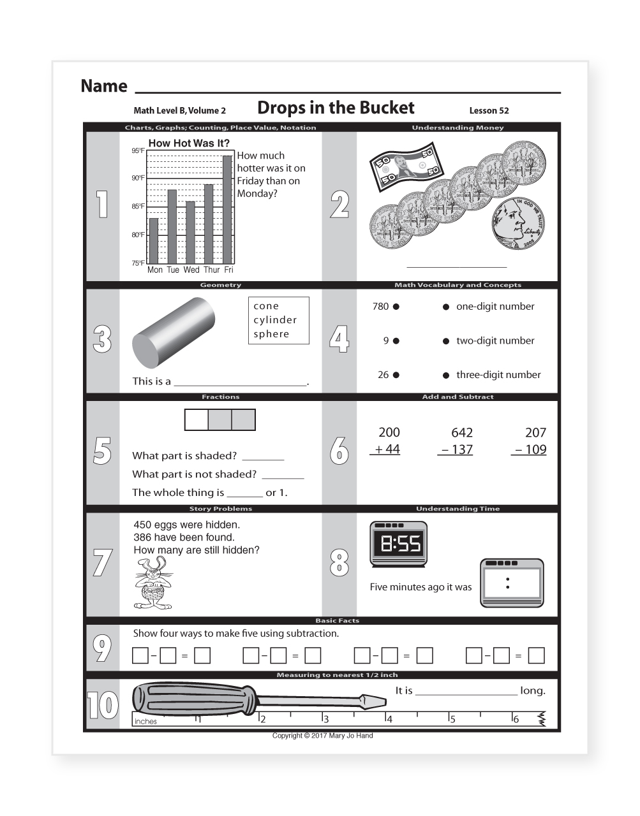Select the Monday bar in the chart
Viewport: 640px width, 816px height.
click(x=153, y=241)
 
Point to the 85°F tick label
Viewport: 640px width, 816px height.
click(x=138, y=207)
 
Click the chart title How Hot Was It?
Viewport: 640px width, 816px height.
click(x=189, y=143)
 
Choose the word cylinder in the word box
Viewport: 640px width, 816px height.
click(x=275, y=320)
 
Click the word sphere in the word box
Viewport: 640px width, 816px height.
click(x=271, y=334)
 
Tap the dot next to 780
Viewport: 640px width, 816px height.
click(x=396, y=307)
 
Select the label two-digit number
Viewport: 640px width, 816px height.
click(x=495, y=341)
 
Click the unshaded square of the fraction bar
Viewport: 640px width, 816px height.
click(x=197, y=420)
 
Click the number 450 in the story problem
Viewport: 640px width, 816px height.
click(x=142, y=525)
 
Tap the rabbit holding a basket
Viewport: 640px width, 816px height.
click(x=153, y=583)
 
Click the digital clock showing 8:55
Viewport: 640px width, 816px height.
click(x=399, y=544)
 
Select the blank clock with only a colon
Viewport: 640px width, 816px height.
click(x=511, y=583)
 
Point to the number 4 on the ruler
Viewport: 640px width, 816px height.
click(x=390, y=719)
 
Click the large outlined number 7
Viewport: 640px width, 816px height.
click(x=102, y=563)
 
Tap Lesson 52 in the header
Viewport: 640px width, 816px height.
click(x=489, y=110)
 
